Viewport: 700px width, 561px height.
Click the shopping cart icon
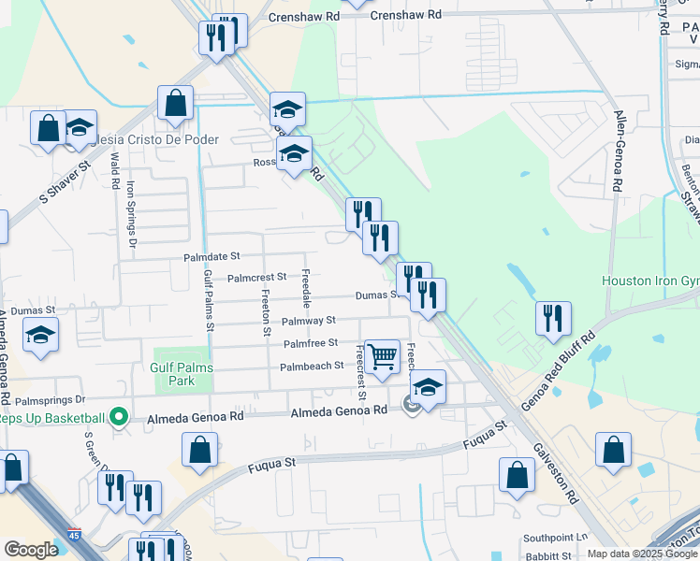click(382, 356)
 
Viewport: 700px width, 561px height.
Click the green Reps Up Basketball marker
click(118, 417)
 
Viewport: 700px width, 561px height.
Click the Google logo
click(31, 550)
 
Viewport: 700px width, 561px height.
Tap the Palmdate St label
click(211, 255)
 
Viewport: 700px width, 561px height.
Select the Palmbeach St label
click(312, 366)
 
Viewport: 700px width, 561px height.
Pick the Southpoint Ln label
click(555, 539)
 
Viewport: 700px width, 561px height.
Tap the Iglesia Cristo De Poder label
click(154, 139)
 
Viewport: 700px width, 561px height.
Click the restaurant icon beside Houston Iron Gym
click(553, 318)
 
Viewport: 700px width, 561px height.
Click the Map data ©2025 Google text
click(642, 554)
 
